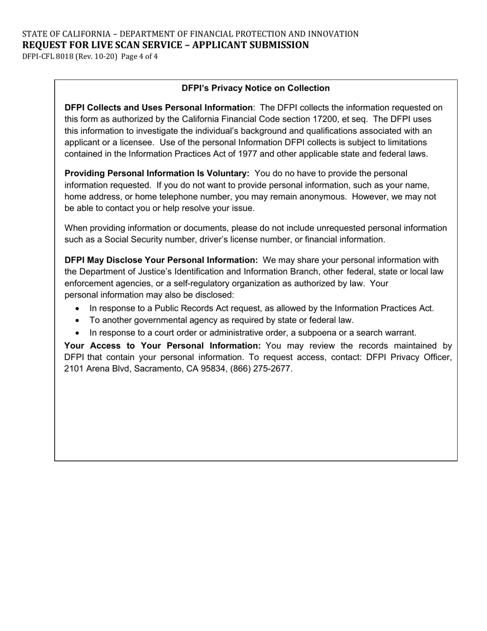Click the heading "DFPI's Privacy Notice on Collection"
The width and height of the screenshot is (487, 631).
(x=255, y=88)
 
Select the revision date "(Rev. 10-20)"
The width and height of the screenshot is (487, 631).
(x=97, y=56)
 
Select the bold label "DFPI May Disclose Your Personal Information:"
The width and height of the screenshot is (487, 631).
(x=161, y=260)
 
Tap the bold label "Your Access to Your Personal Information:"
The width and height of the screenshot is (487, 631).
(x=163, y=346)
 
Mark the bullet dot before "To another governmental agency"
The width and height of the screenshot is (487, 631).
(x=77, y=321)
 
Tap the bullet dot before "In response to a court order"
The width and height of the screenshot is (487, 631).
(x=77, y=332)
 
